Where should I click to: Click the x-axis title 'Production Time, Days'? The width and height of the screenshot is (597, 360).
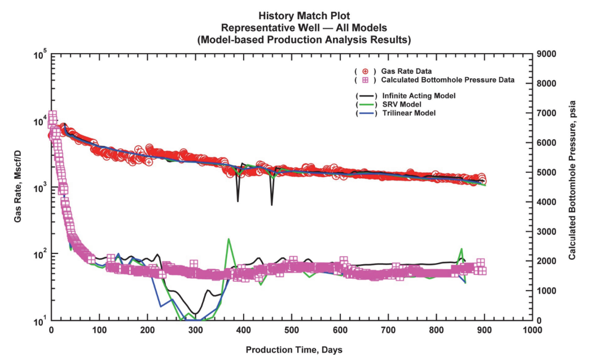point(293,350)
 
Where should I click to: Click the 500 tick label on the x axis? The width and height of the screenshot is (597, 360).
point(291,330)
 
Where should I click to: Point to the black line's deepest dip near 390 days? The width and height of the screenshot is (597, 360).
point(238,201)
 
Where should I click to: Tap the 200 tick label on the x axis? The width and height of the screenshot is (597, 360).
point(147,330)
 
